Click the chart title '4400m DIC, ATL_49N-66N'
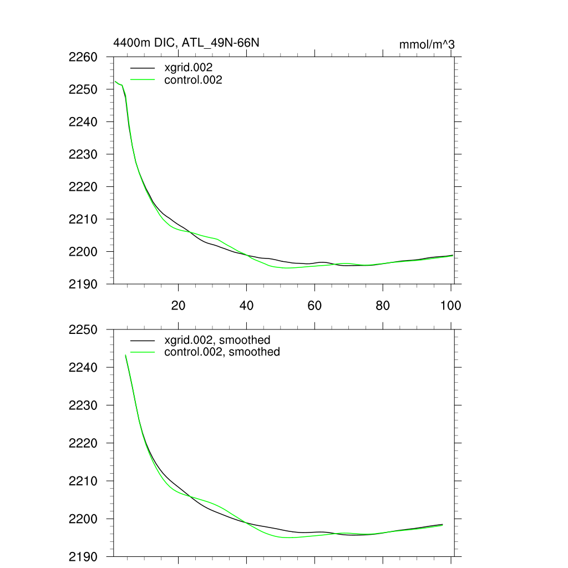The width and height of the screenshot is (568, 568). pyautogui.click(x=186, y=42)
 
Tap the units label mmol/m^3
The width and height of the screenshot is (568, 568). pyautogui.click(x=427, y=44)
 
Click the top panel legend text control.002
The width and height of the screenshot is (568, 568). pyautogui.click(x=194, y=80)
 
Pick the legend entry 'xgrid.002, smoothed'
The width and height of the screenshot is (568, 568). pyautogui.click(x=217, y=339)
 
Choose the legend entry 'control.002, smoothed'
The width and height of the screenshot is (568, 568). pyautogui.click(x=222, y=352)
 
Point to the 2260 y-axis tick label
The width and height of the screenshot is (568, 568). pyautogui.click(x=83, y=57)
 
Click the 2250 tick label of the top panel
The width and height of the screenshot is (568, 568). pyautogui.click(x=83, y=89)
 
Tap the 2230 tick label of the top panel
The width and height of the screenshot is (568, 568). pyautogui.click(x=83, y=154)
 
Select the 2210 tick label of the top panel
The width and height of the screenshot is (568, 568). pyautogui.click(x=83, y=219)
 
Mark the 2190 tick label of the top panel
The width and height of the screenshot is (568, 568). pyautogui.click(x=83, y=284)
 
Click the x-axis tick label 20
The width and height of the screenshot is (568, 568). pyautogui.click(x=179, y=305)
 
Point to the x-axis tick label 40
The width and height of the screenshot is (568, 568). pyautogui.click(x=246, y=305)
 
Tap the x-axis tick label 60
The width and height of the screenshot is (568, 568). pyautogui.click(x=315, y=305)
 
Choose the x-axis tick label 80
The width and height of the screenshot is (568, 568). pyautogui.click(x=383, y=305)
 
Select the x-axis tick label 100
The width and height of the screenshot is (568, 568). pyautogui.click(x=450, y=305)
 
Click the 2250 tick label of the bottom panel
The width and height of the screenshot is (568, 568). pyautogui.click(x=83, y=329)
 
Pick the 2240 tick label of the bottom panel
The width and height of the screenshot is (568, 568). pyautogui.click(x=83, y=367)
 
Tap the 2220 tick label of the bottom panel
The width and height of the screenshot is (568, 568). pyautogui.click(x=83, y=443)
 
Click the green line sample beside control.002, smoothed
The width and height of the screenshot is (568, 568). pyautogui.click(x=143, y=352)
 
